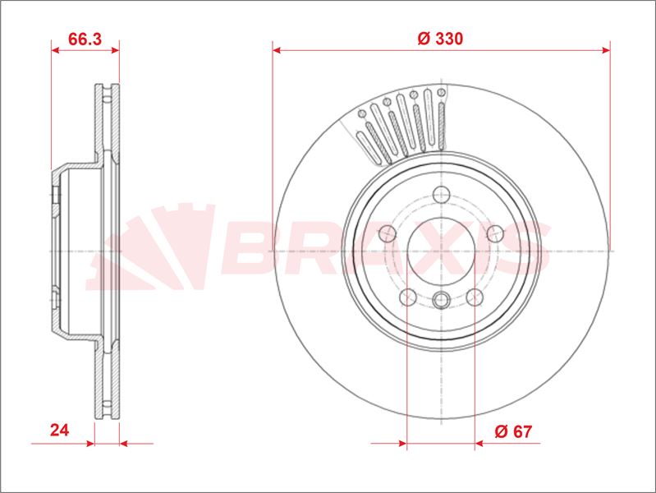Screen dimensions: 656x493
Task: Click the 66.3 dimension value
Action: point(85,39)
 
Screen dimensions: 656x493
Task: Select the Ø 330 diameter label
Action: point(440,39)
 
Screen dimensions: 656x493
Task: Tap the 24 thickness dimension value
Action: point(59,431)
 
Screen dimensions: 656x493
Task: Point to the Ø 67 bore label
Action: point(513,431)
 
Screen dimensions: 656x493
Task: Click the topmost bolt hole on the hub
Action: point(442,195)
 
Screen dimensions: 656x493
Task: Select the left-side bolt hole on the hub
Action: point(388,233)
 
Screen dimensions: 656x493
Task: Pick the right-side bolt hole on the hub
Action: point(495,233)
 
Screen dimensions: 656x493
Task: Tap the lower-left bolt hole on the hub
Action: point(408,297)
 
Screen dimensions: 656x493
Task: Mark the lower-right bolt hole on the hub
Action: point(475,297)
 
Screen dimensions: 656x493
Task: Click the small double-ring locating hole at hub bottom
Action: point(442,300)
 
